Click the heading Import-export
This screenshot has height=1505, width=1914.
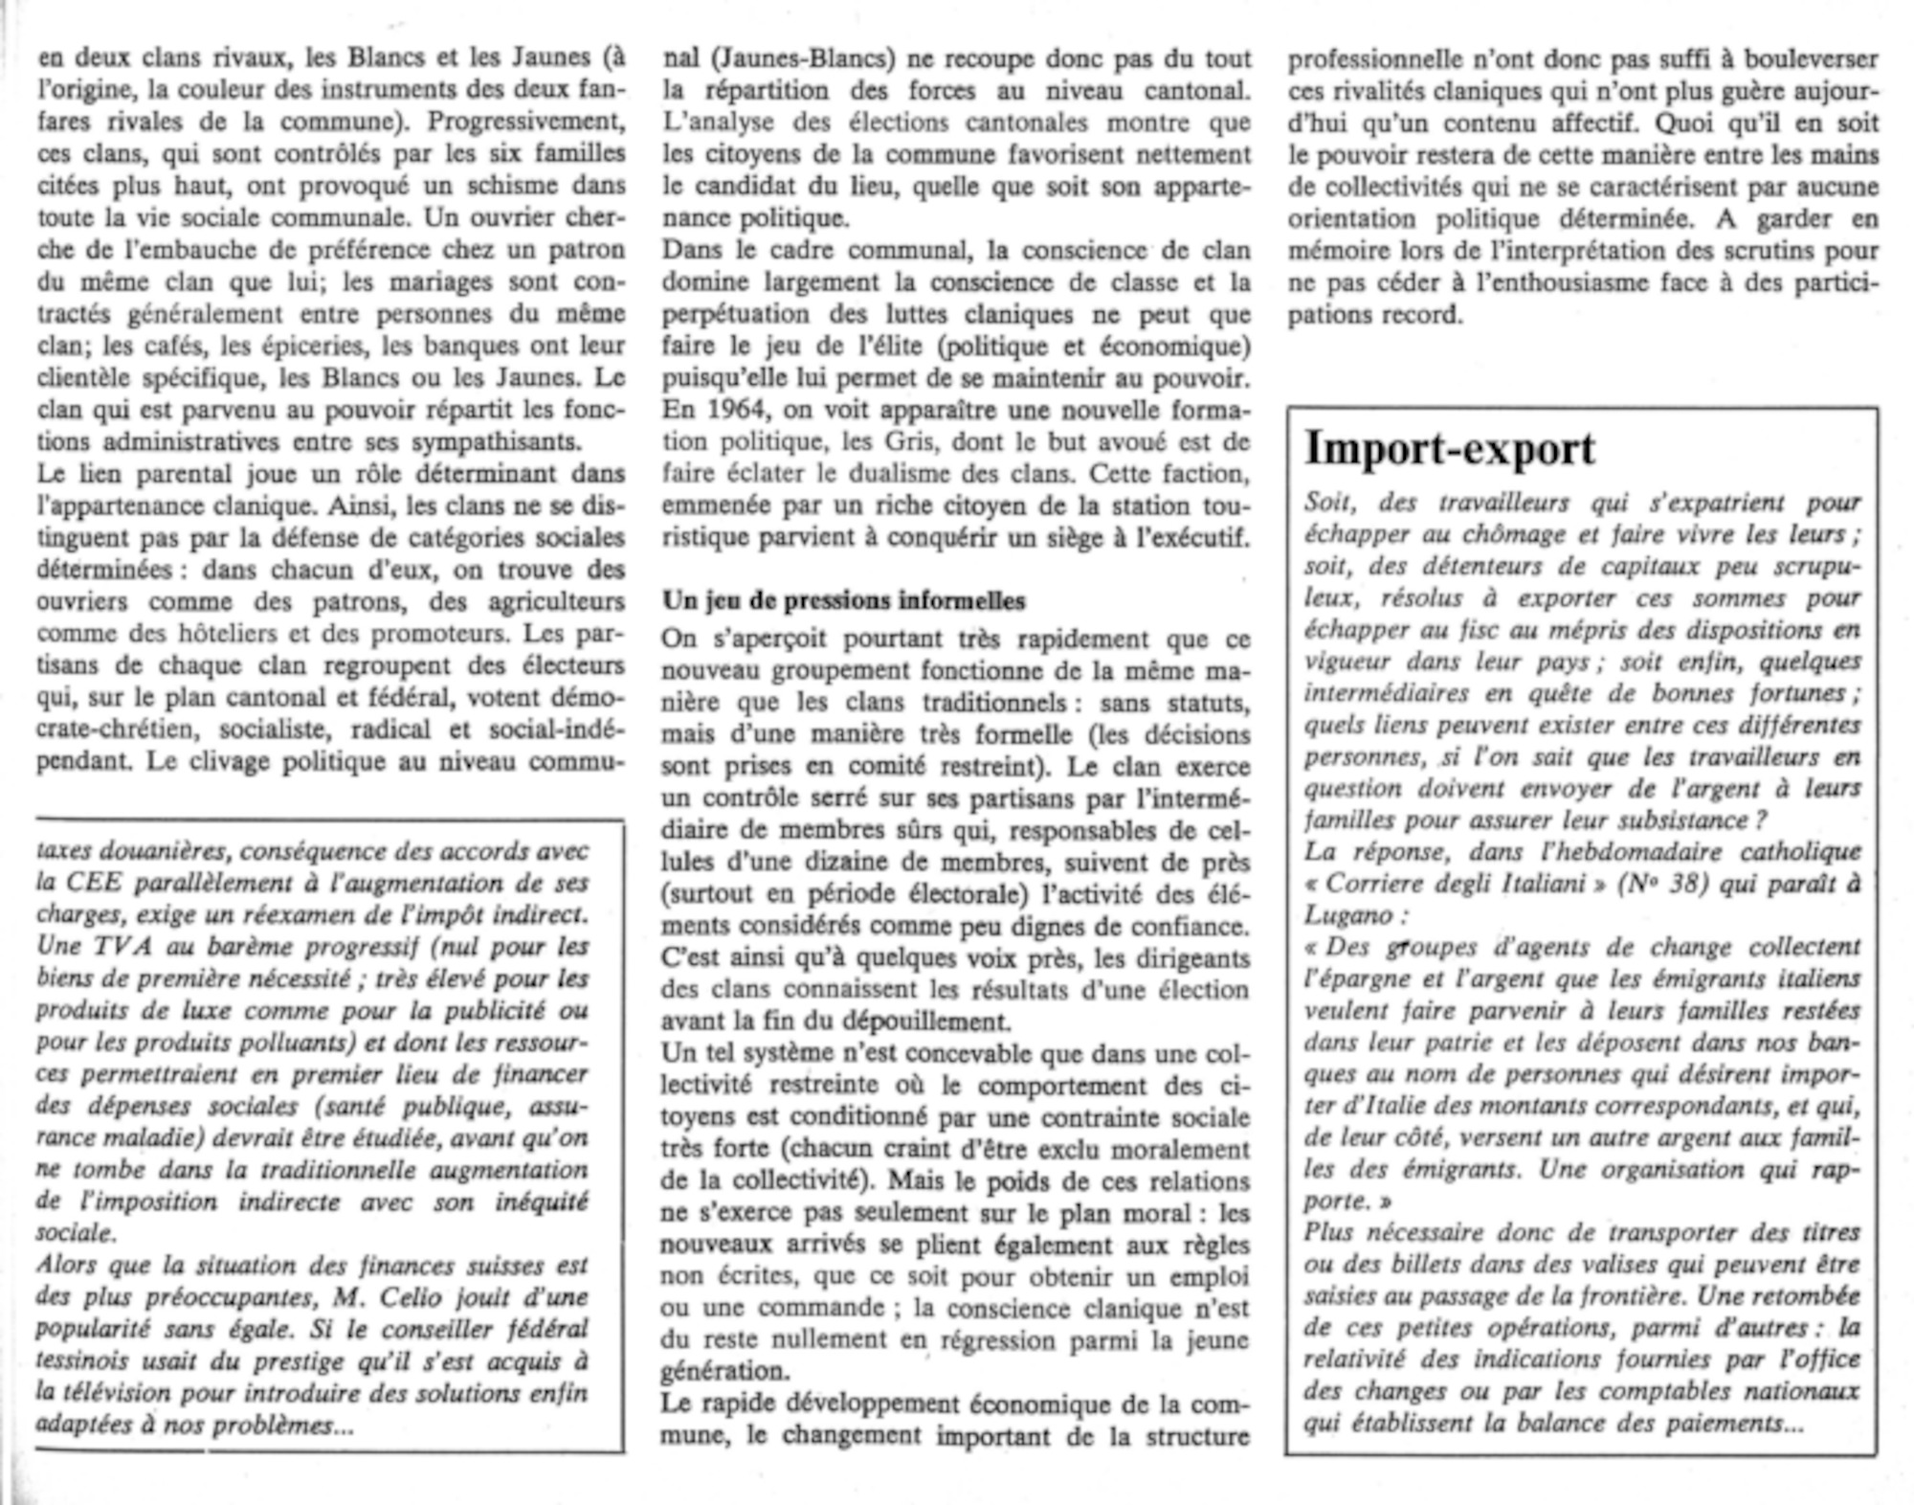[1449, 448]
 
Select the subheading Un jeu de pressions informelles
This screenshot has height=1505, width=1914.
[843, 601]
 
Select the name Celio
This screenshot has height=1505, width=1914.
[416, 1297]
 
